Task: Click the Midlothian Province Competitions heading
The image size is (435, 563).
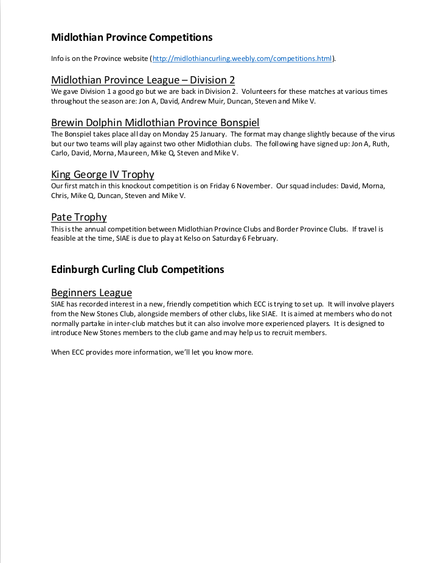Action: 132,38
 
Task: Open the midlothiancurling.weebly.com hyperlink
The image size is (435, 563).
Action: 242,58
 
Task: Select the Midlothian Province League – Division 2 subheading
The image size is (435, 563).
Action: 143,80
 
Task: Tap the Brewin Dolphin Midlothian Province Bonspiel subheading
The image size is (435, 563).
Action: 155,122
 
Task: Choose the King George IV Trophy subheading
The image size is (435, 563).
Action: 103,174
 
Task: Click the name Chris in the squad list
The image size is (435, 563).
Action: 59,196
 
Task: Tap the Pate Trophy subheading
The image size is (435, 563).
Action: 79,217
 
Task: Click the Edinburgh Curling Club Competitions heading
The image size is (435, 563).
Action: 137,269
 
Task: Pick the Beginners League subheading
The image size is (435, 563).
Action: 91,292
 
